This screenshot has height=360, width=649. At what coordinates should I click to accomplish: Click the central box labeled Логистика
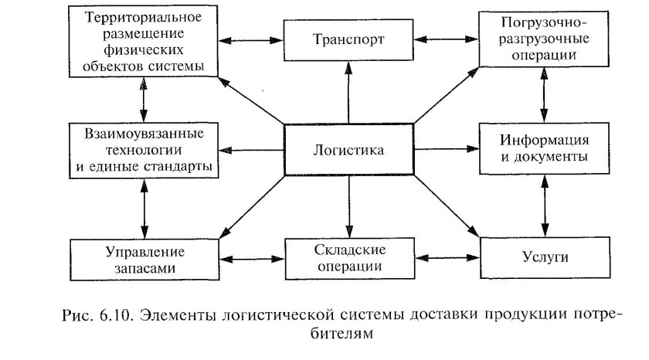pyautogui.click(x=349, y=150)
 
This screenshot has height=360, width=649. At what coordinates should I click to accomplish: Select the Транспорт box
pyautogui.click(x=348, y=37)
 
